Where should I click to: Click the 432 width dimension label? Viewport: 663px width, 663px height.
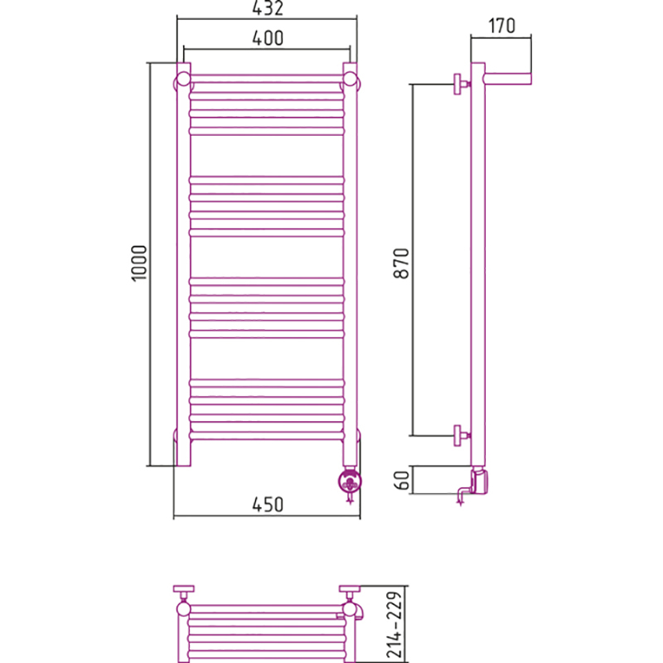[x=267, y=8]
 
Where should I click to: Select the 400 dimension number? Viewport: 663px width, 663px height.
[x=268, y=38]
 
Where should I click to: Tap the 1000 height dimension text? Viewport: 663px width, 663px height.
[x=139, y=263]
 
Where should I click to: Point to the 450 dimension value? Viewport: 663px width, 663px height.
[x=268, y=505]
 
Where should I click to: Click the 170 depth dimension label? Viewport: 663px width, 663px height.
[x=502, y=26]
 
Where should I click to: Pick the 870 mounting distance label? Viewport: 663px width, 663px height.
[x=402, y=264]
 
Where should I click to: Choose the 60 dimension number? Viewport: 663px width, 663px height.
[x=402, y=480]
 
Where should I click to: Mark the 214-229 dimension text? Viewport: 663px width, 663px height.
[x=394, y=625]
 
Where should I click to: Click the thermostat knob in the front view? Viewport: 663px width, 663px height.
[x=350, y=482]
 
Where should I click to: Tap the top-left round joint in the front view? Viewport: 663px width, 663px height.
[x=183, y=79]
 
